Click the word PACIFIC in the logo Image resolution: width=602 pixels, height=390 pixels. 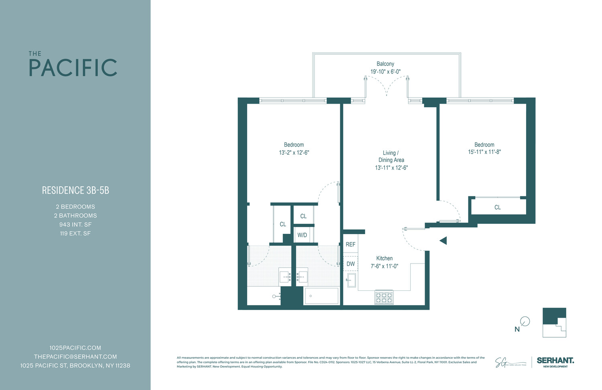(73, 68)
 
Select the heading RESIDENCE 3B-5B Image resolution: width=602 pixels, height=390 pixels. (75, 190)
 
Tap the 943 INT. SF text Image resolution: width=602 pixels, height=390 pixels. (75, 225)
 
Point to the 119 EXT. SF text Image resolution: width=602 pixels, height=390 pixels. (75, 233)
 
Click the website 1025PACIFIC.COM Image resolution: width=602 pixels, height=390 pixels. (75, 348)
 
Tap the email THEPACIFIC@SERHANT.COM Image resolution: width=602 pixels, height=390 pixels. (75, 357)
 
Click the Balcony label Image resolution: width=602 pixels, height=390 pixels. (385, 64)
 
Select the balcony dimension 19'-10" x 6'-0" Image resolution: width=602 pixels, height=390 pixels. (385, 72)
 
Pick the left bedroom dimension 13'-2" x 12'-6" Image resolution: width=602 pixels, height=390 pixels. (294, 153)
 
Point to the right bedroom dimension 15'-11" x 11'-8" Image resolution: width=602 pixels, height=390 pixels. (484, 152)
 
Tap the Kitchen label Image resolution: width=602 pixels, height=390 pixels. (384, 258)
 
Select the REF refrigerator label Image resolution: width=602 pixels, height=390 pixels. (350, 244)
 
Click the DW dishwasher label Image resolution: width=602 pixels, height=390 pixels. (350, 264)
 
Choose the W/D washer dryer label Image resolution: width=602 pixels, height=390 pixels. (302, 235)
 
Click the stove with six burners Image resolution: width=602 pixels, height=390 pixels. (384, 297)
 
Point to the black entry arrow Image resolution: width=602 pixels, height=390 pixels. (443, 241)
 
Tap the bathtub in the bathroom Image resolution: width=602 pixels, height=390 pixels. (321, 296)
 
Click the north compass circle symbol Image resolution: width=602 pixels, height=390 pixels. (525, 321)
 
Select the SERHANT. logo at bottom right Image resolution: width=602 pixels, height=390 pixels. (555, 361)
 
